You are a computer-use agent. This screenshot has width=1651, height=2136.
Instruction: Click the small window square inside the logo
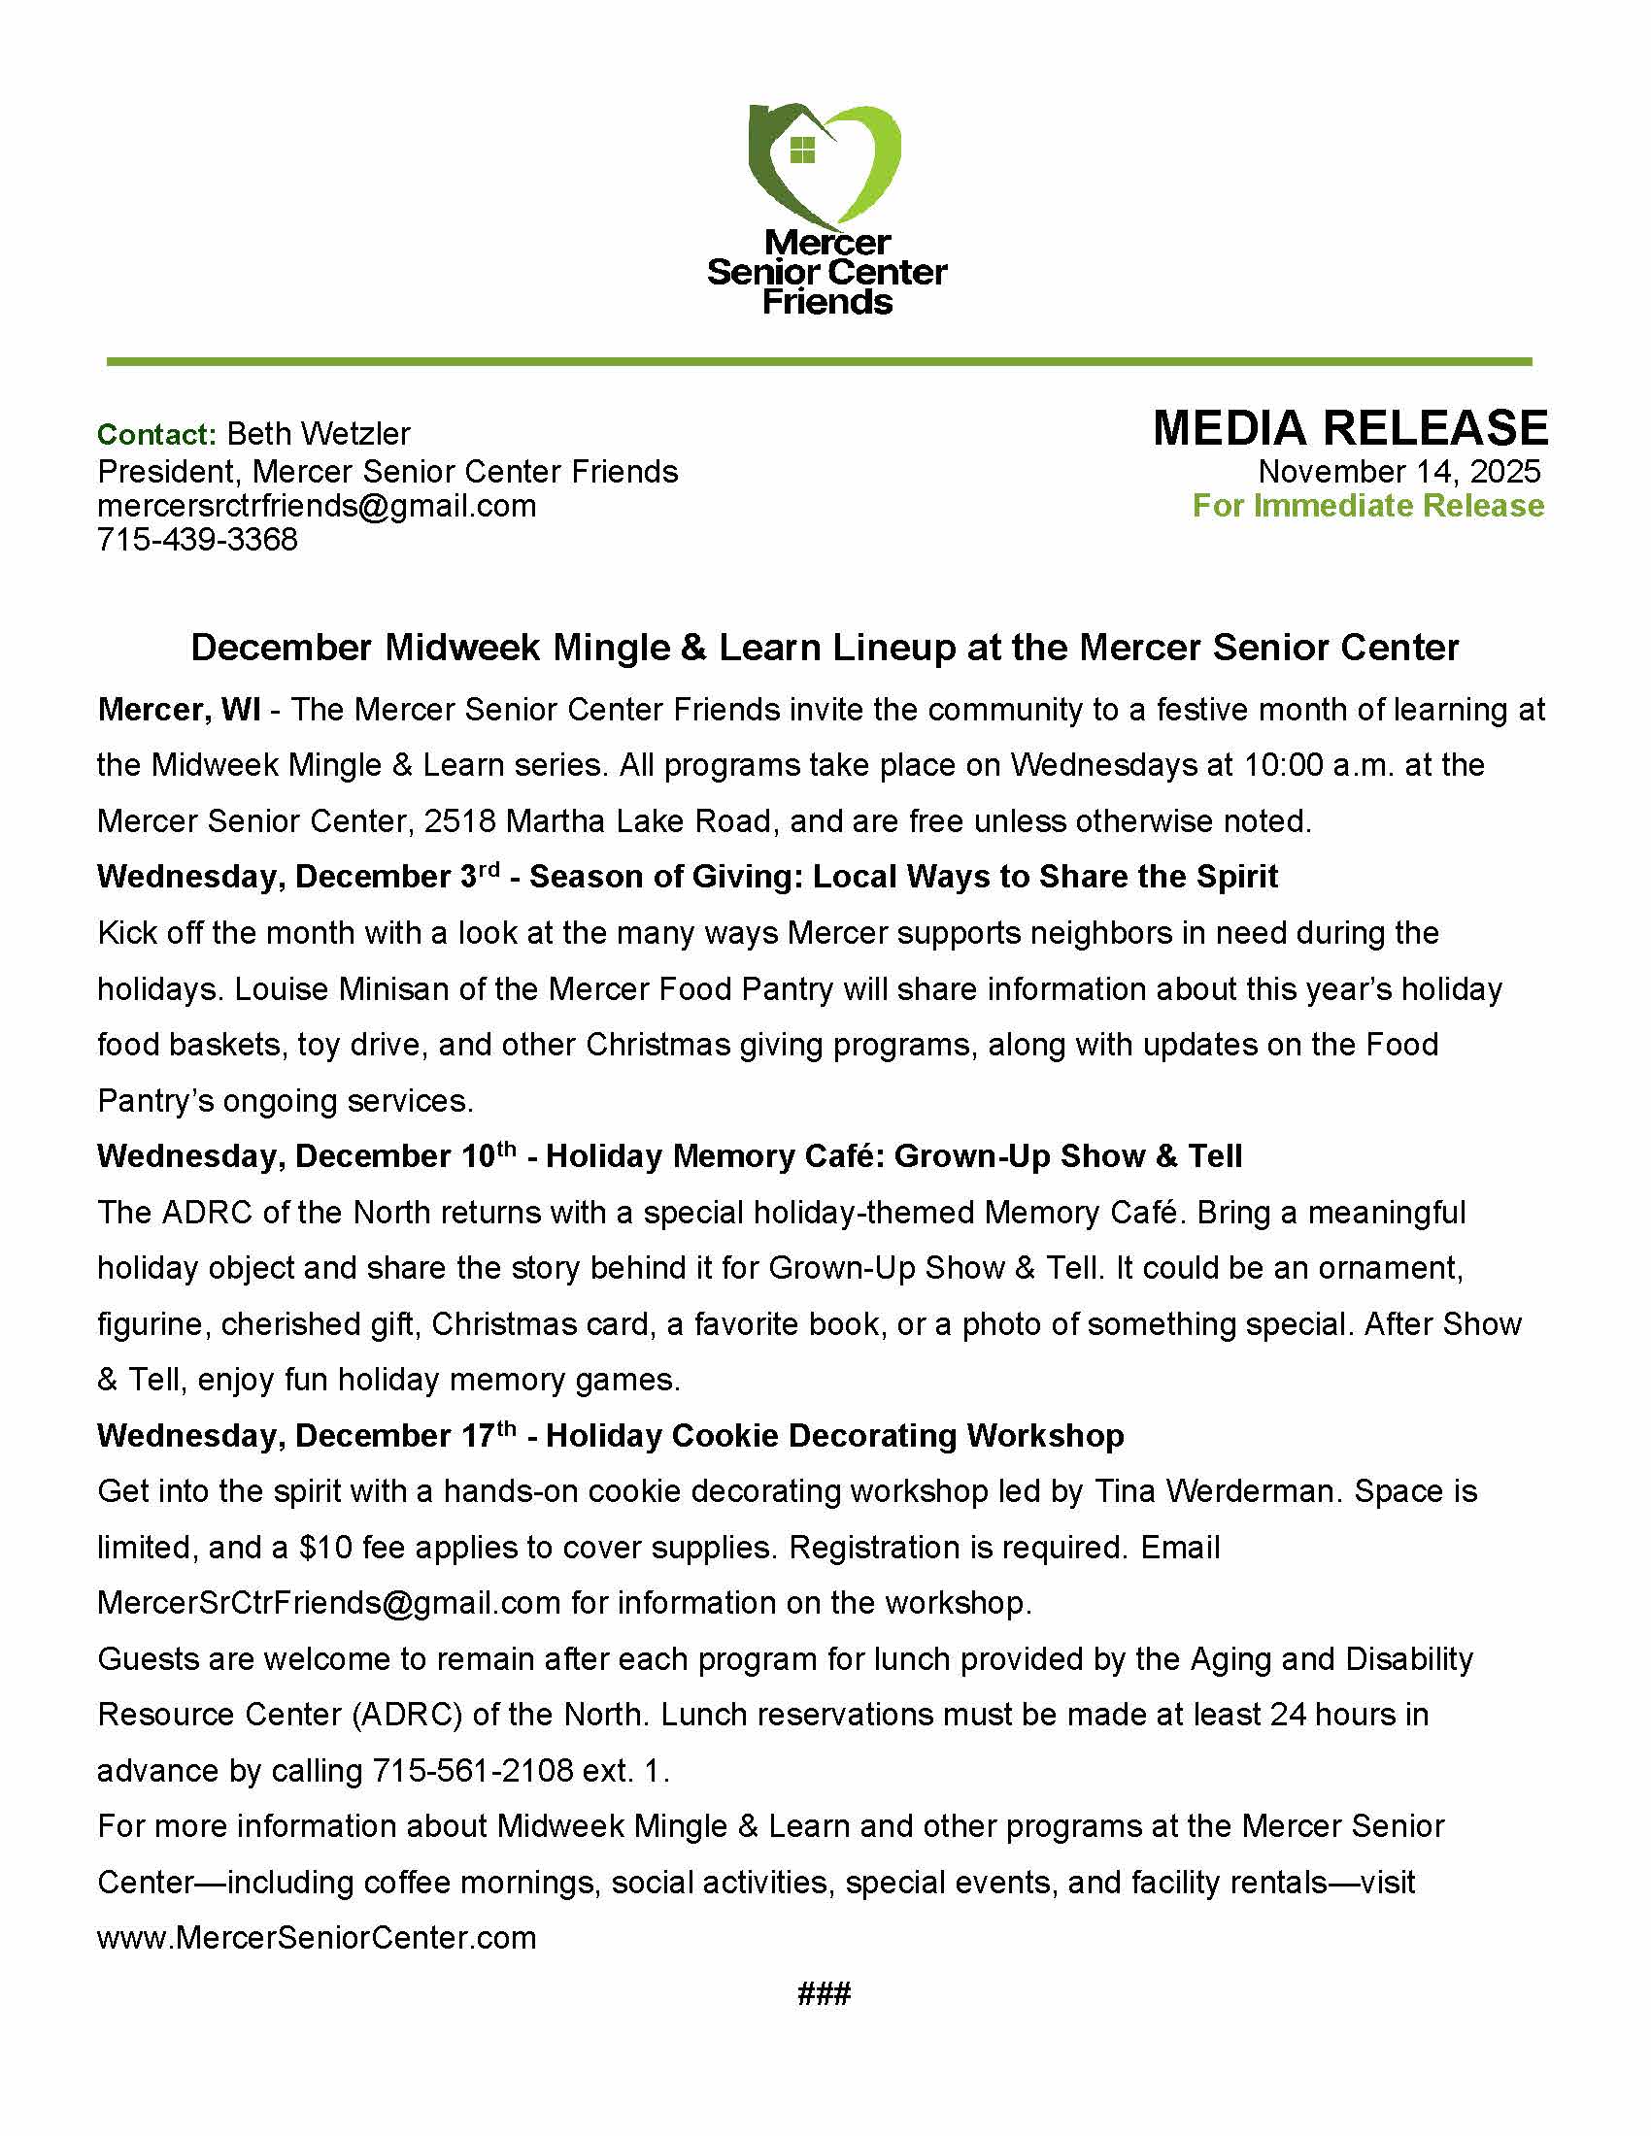pyautogui.click(x=802, y=150)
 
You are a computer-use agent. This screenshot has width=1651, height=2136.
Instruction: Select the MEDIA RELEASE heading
pyautogui.click(x=1350, y=428)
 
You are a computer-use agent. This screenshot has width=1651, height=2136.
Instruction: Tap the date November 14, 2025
pyautogui.click(x=1398, y=472)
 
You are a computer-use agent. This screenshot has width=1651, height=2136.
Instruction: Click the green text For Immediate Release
pyautogui.click(x=1367, y=506)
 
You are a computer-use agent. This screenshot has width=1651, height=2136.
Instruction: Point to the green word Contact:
pyautogui.click(x=156, y=434)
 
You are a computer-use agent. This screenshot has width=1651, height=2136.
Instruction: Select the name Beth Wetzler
pyautogui.click(x=319, y=433)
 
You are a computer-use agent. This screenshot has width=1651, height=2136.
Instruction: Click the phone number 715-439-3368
pyautogui.click(x=197, y=540)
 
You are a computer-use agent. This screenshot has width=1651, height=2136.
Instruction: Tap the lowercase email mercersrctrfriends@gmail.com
pyautogui.click(x=317, y=506)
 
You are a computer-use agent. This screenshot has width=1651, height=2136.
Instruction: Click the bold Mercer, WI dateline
pyautogui.click(x=179, y=710)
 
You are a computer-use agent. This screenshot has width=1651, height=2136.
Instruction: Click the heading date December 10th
pyautogui.click(x=406, y=1156)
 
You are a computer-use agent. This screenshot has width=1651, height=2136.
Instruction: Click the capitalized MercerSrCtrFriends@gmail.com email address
pyautogui.click(x=328, y=1603)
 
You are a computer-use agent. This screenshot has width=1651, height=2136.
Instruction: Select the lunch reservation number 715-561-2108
pyautogui.click(x=472, y=1771)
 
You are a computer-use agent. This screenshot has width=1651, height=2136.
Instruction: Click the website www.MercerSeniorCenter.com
pyautogui.click(x=317, y=1938)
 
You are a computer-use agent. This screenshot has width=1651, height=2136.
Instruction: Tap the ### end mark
pyautogui.click(x=825, y=1994)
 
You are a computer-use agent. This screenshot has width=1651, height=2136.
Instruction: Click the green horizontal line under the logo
pyautogui.click(x=820, y=362)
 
